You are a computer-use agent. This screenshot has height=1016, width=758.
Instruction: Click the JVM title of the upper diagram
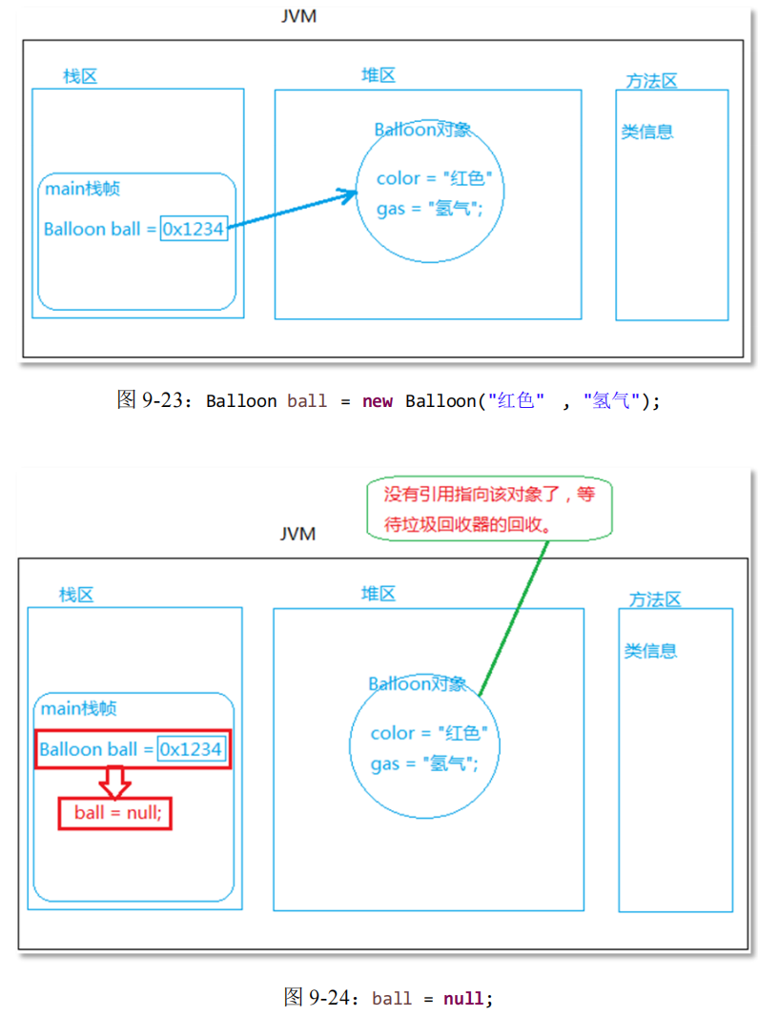click(298, 17)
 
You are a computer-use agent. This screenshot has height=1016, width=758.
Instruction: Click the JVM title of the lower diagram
click(297, 534)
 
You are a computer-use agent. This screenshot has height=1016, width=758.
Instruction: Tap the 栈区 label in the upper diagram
click(80, 76)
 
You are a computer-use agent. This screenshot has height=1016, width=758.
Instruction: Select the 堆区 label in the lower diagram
click(378, 594)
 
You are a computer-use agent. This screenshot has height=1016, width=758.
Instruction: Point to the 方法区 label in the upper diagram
click(651, 81)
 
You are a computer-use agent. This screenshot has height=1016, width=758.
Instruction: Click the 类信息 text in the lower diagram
click(650, 651)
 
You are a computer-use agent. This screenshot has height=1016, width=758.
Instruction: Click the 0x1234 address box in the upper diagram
click(195, 229)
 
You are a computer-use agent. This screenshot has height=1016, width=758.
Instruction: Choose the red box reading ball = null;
click(115, 813)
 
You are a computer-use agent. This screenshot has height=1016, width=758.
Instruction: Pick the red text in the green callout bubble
click(488, 509)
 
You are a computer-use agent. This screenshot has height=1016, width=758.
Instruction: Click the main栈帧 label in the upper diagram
click(83, 189)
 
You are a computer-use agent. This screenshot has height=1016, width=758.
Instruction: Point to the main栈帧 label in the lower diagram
click(79, 708)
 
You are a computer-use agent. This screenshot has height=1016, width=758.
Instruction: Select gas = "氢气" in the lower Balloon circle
click(423, 763)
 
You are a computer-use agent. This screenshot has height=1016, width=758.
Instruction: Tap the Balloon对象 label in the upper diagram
click(422, 131)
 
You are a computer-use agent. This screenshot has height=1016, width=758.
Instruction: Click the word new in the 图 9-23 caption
click(377, 401)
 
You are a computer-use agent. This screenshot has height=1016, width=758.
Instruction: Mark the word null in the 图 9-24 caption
click(464, 999)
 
